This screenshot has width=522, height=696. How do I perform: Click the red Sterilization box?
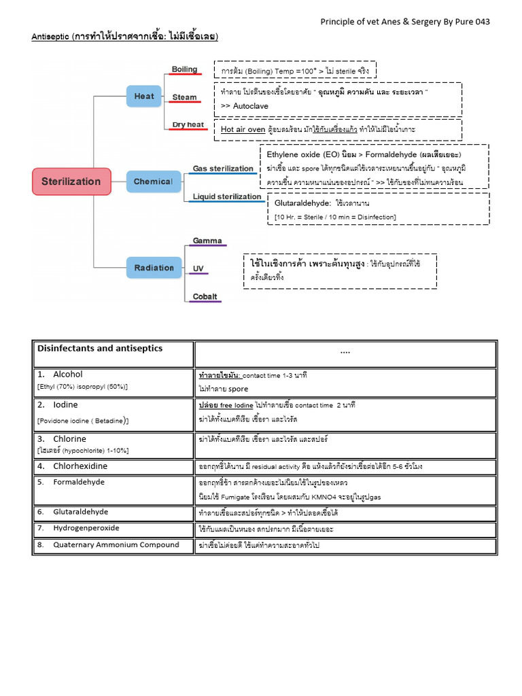[x=71, y=181]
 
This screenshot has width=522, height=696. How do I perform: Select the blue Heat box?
[x=144, y=96]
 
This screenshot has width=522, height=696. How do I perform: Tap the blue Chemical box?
[x=153, y=181]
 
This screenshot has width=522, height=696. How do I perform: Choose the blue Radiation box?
[x=154, y=268]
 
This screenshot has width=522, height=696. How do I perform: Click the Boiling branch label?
[x=184, y=69]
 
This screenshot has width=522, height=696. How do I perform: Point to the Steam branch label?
[x=184, y=97]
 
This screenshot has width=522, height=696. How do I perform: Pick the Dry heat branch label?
[x=188, y=124]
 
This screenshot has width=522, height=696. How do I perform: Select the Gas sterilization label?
[x=223, y=168]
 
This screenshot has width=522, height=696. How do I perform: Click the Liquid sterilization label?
[x=227, y=196]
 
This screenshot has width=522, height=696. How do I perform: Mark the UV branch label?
[x=198, y=269]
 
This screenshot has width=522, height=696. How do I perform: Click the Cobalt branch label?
[x=205, y=296]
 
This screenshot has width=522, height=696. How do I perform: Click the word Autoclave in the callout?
[x=252, y=106]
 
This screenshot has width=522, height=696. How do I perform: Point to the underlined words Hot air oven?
[x=243, y=129]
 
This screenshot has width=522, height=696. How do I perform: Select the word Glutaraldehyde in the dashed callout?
[x=302, y=203]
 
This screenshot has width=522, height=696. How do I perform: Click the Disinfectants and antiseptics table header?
[x=100, y=349]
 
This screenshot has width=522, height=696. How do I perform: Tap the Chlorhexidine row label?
[x=80, y=466]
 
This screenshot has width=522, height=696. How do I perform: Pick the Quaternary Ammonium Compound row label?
[x=116, y=544]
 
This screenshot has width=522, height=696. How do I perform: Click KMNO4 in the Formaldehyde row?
[x=329, y=497]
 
